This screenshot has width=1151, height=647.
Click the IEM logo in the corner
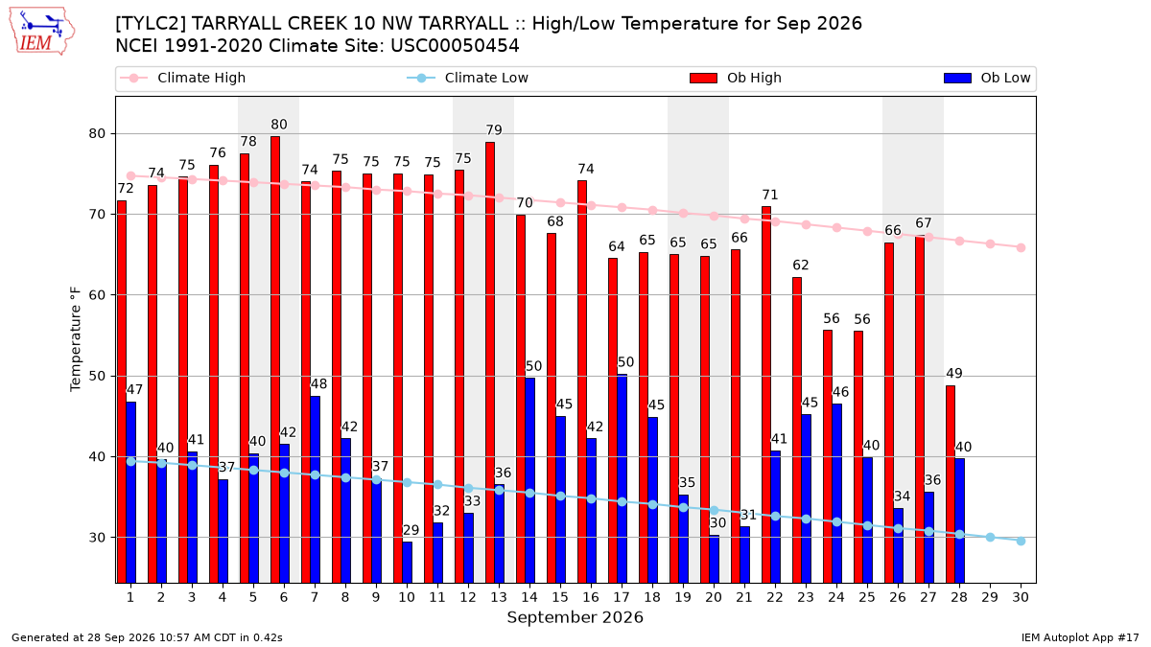[x=42, y=32]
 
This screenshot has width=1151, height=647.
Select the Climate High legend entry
[x=182, y=78]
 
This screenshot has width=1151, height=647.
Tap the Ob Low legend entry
[x=987, y=78]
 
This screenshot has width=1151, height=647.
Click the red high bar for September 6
[x=275, y=359]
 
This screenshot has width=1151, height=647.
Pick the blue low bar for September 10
[x=407, y=563]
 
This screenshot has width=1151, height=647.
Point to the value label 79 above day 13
[x=494, y=130]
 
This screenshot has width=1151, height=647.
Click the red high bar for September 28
[x=951, y=484]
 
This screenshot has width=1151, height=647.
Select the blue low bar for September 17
[x=622, y=478]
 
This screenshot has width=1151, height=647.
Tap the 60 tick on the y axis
[x=97, y=295]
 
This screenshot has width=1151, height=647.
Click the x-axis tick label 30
[x=1021, y=597]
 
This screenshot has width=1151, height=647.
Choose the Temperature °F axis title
[x=76, y=339]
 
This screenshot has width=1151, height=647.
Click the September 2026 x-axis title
[x=575, y=617]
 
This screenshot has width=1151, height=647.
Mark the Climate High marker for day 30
[x=1021, y=248]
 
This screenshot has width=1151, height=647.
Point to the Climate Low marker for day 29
[x=990, y=537]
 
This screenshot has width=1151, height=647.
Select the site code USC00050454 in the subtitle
[x=455, y=46]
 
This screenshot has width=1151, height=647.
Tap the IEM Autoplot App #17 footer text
[x=1080, y=637]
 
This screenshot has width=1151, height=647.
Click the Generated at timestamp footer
[x=147, y=637]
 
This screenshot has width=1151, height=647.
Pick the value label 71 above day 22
[x=769, y=195]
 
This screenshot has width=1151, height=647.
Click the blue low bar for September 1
[x=131, y=493]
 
